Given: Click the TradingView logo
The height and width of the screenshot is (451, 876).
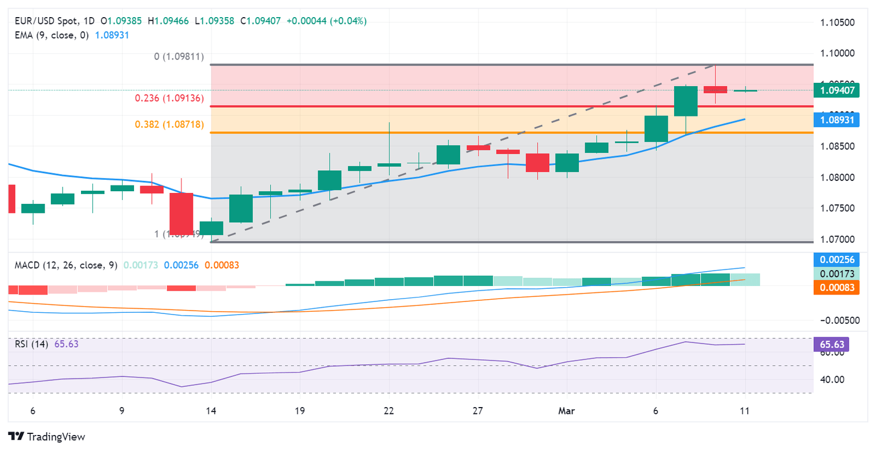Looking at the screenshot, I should pyautogui.click(x=47, y=437).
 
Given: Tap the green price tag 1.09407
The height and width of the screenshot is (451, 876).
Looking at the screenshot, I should pyautogui.click(x=837, y=90).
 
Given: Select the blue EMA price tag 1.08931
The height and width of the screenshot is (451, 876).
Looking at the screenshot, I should pyautogui.click(x=837, y=120).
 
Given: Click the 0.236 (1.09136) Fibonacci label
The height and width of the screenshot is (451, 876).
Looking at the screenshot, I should pyautogui.click(x=169, y=98).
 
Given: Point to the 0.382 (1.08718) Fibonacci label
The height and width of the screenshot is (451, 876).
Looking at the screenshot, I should pyautogui.click(x=169, y=124).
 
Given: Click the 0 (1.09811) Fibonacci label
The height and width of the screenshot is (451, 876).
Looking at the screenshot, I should pyautogui.click(x=179, y=57).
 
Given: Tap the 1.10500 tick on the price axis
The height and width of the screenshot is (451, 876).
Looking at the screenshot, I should pyautogui.click(x=837, y=23).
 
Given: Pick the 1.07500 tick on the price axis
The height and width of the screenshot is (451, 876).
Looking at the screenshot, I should pyautogui.click(x=837, y=208).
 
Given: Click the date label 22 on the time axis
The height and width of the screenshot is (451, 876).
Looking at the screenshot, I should pyautogui.click(x=389, y=411).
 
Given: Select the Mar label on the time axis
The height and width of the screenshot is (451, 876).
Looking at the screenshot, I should pyautogui.click(x=566, y=411).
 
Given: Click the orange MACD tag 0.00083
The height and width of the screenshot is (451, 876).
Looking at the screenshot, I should pyautogui.click(x=837, y=288).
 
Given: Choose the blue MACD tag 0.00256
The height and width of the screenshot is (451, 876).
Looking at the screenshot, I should pyautogui.click(x=837, y=260).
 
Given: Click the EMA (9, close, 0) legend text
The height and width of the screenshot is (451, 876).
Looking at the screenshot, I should pyautogui.click(x=52, y=35).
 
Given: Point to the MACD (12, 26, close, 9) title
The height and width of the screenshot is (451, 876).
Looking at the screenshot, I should pyautogui.click(x=66, y=265).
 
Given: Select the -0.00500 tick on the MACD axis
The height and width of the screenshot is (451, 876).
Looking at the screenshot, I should pyautogui.click(x=839, y=320).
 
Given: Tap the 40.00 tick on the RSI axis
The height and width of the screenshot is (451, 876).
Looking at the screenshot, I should pyautogui.click(x=833, y=380).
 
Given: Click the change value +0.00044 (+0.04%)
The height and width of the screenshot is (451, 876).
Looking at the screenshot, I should pyautogui.click(x=326, y=21).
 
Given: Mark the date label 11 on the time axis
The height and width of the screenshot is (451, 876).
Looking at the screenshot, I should pyautogui.click(x=744, y=411).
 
